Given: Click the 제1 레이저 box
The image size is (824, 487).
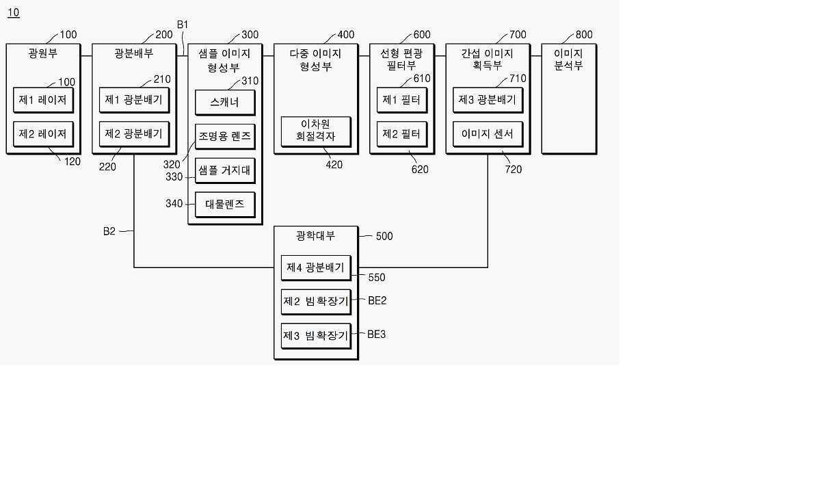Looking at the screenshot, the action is (x=43, y=100).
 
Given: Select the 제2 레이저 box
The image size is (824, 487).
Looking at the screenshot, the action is (x=43, y=134).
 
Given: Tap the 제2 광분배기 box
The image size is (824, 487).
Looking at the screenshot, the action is (x=134, y=134).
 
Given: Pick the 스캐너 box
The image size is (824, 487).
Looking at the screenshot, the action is (x=225, y=103).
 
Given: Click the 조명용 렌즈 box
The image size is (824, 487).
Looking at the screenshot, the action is (x=225, y=137).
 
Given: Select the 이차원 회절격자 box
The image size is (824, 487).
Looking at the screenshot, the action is (x=316, y=132).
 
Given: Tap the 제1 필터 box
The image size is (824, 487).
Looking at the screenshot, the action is (x=402, y=100).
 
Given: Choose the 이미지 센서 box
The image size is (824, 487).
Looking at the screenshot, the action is (x=488, y=134).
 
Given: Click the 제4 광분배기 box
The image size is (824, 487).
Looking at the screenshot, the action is (x=316, y=268).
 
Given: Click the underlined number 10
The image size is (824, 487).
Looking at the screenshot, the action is (x=14, y=12).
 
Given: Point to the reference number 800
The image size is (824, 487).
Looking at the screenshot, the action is (x=584, y=35).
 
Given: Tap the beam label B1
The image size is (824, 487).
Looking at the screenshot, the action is (x=183, y=25).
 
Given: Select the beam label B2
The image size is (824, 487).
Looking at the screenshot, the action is (x=109, y=231).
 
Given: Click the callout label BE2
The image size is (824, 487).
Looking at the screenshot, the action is (x=377, y=300).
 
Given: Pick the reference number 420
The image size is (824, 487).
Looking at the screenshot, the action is (x=334, y=164).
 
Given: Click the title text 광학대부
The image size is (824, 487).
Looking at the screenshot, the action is (x=316, y=236).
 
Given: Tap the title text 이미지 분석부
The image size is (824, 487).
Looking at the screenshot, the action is (x=568, y=60).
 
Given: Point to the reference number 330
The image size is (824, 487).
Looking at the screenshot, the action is (x=174, y=177).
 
